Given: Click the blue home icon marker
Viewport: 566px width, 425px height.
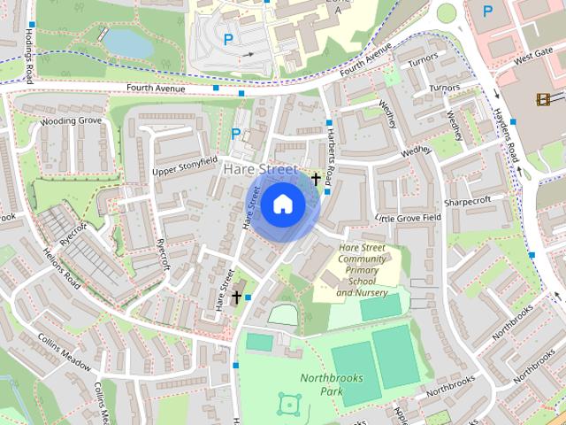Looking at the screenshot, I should tap(282, 205).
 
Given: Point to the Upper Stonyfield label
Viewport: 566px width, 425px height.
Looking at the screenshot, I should tap(184, 166).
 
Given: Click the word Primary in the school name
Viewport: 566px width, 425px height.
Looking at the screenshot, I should tap(362, 269).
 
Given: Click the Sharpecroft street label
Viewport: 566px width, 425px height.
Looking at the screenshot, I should tap(468, 201).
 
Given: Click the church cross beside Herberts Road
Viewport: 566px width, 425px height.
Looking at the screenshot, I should tap(315, 179).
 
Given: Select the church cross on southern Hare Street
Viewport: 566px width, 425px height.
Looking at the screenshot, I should tap(236, 297).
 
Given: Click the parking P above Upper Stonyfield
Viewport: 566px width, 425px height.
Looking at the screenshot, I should tap(235, 135).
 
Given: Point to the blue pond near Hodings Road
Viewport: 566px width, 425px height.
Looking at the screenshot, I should tap(126, 41).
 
